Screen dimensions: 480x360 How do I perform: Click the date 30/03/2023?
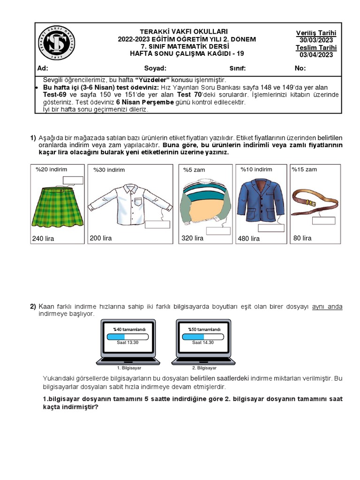point(316,40)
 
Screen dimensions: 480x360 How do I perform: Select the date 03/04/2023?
point(316,55)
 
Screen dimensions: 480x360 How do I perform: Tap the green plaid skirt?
point(57,207)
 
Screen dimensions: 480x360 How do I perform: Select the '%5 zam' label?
point(194,170)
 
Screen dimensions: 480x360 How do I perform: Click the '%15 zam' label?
point(304,169)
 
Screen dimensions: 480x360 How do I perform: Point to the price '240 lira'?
point(43,239)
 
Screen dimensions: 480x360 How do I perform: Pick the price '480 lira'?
point(249,239)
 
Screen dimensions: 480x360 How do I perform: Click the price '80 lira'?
point(302,238)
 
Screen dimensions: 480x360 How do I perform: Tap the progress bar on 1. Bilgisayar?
point(127,337)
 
